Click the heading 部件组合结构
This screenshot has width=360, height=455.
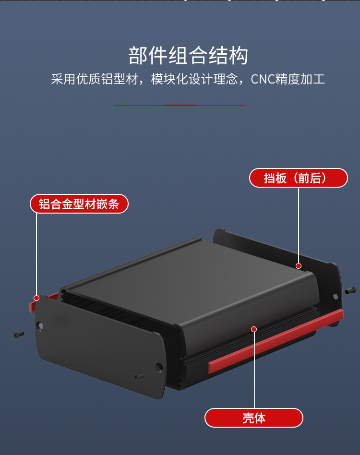coord(188,56)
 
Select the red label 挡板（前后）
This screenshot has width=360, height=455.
coord(298,178)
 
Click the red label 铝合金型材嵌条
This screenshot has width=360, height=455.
coord(79,204)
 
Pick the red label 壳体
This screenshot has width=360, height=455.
coord(254,418)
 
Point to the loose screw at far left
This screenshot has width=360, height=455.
coord(18,334)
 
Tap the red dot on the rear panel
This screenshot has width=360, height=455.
coord(298,266)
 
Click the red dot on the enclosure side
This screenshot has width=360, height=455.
coord(254,329)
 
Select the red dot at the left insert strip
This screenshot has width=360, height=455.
coord(36,298)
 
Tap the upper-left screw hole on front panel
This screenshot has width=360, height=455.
coord(41,326)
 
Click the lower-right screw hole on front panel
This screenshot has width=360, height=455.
coord(159,368)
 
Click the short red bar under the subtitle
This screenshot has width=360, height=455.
coord(180,105)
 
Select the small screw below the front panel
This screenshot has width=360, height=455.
coord(139,377)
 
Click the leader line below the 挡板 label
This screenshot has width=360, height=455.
coord(298,226)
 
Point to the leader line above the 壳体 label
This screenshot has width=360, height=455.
coord(254,370)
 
